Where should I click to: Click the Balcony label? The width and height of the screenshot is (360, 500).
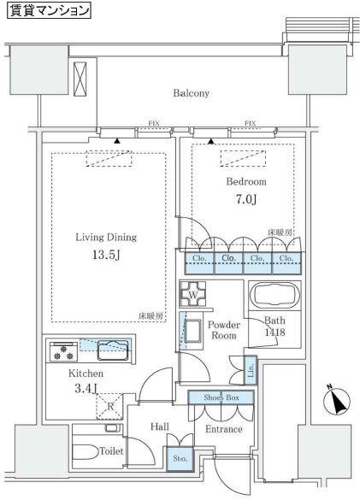pos(192,93)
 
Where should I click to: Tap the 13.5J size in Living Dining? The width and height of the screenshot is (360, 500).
pos(106,255)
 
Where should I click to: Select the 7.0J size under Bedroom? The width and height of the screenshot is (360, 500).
pos(246,199)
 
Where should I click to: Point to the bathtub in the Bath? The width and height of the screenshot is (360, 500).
pos(274,296)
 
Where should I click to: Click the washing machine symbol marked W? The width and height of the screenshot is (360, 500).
pos(192,294)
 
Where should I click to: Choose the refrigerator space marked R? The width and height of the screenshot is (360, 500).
pos(109,407)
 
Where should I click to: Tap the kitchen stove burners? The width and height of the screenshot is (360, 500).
pos(63,352)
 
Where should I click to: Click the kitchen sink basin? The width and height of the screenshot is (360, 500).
pos(113,350)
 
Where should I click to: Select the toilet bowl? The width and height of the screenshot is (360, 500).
pos(86,452)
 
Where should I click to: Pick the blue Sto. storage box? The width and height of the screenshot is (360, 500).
pos(180,458)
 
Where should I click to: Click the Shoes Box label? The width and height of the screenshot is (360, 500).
pos(221,397)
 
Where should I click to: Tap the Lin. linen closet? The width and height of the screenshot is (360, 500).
pos(251,370)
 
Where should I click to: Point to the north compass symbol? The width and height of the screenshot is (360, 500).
pos(336,401)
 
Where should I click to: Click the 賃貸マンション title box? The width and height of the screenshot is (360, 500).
pos(49,10)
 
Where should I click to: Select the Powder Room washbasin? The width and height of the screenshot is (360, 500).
pos(192,331)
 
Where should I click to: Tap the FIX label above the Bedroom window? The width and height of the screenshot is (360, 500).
pos(250,123)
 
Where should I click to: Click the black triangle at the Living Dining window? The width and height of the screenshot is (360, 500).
pos(117,141)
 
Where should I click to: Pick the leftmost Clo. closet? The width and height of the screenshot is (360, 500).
pos(199,263)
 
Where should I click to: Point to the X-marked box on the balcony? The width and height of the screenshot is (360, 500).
pos(80,79)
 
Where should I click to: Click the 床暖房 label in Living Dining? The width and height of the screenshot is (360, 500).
pos(150,316)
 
